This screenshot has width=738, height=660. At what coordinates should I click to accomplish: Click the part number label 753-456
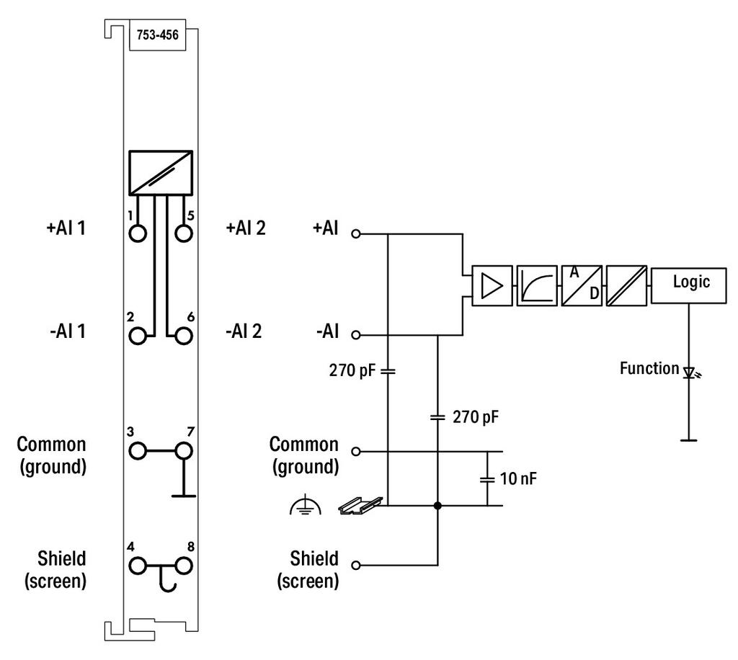click(158, 35)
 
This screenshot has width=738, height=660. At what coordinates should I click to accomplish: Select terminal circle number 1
click(138, 233)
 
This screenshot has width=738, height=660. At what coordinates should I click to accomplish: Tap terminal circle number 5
click(184, 233)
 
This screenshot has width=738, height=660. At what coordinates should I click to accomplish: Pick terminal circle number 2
click(138, 336)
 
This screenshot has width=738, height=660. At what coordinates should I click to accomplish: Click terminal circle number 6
click(184, 336)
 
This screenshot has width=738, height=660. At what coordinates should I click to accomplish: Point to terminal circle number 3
click(138, 451)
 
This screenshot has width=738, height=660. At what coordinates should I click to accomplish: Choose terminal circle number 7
click(184, 451)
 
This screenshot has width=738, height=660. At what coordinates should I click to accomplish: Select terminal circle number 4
click(138, 566)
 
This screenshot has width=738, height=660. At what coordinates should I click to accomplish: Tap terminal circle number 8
click(184, 566)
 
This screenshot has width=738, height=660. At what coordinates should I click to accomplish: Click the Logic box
click(688, 285)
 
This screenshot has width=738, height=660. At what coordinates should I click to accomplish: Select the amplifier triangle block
click(492, 285)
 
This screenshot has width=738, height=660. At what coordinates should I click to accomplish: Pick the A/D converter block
click(582, 285)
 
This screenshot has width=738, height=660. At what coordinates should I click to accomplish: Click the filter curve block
click(537, 285)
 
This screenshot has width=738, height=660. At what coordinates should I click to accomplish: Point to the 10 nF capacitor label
click(518, 478)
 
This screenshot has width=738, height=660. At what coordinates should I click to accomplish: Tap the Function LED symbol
click(690, 373)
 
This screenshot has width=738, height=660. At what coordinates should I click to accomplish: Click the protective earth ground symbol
click(306, 505)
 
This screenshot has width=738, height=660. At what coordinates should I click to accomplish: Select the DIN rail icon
click(360, 505)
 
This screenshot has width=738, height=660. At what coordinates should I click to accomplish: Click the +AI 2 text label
click(246, 228)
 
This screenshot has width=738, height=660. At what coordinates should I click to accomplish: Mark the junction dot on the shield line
click(437, 506)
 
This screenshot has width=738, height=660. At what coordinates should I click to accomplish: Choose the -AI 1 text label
click(68, 331)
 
